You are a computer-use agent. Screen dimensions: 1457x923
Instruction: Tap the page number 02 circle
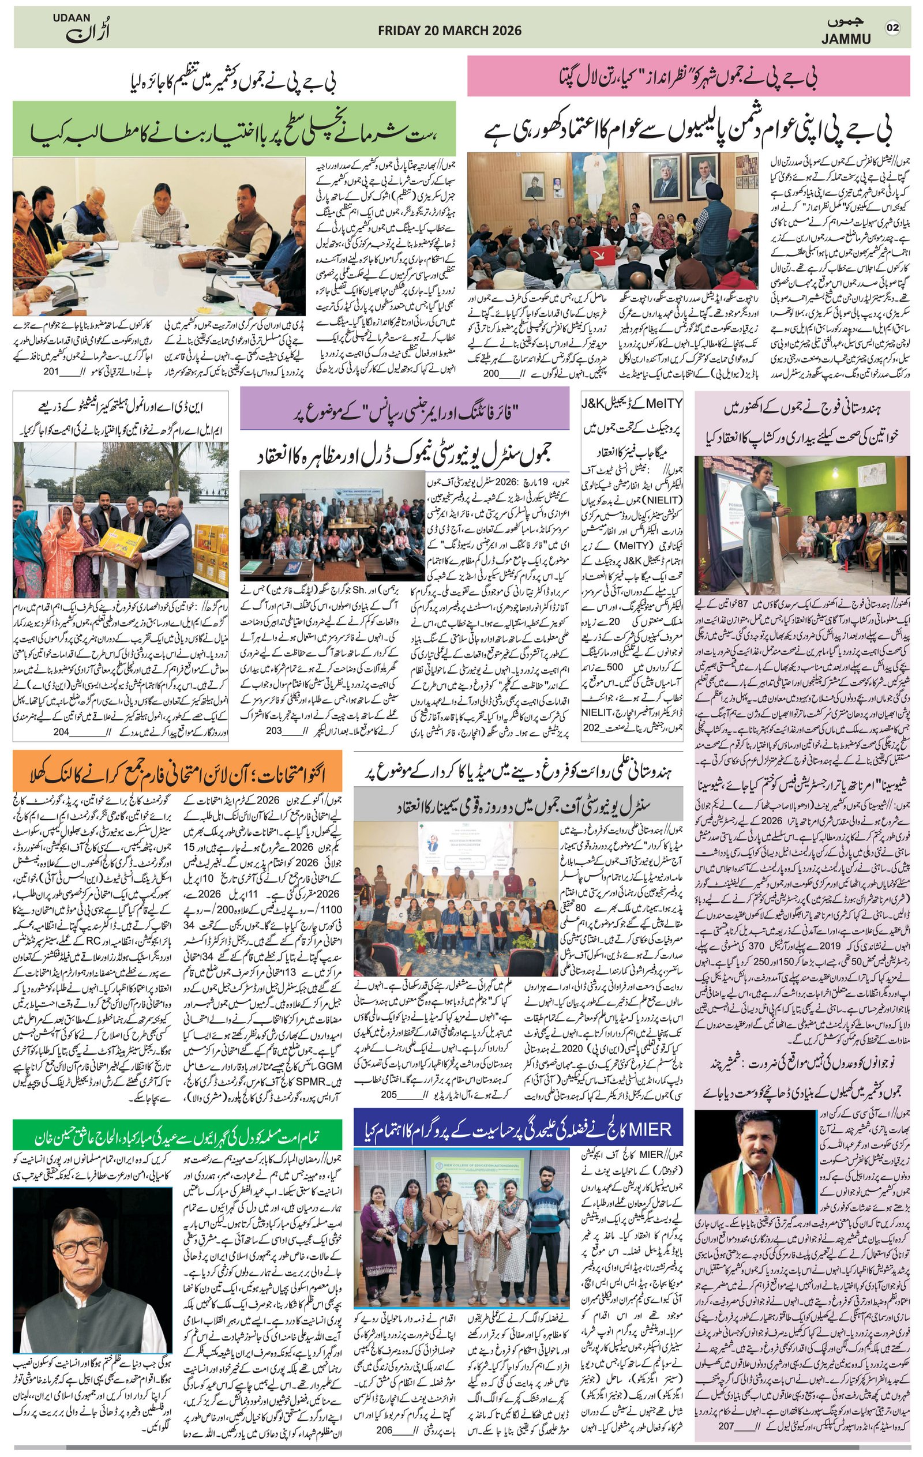[x=894, y=28]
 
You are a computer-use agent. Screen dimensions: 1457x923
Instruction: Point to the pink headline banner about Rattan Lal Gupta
[x=688, y=76]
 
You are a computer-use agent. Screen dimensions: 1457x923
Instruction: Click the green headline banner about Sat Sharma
[x=234, y=128]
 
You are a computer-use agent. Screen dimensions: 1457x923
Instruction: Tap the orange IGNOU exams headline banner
[x=177, y=772]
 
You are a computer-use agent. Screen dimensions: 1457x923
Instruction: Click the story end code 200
[x=490, y=374]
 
